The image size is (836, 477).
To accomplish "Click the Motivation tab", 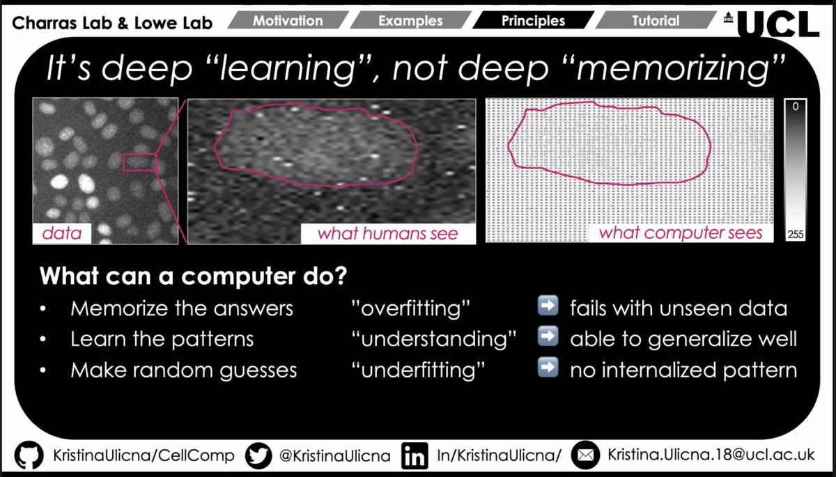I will [288, 21].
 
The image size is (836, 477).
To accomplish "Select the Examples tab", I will [411, 21].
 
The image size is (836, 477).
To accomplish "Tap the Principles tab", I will [534, 21].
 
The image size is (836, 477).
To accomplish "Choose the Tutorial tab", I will [655, 21].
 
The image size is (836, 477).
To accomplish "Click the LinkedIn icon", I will [415, 456].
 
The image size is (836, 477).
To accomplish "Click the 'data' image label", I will [61, 233].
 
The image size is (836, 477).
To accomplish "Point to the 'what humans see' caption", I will [388, 233].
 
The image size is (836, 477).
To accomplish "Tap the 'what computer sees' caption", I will [681, 233].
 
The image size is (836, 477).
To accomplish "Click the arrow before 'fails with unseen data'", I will [549, 307].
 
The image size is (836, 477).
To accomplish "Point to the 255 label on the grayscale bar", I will [795, 235].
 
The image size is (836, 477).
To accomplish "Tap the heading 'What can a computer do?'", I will [194, 276].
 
